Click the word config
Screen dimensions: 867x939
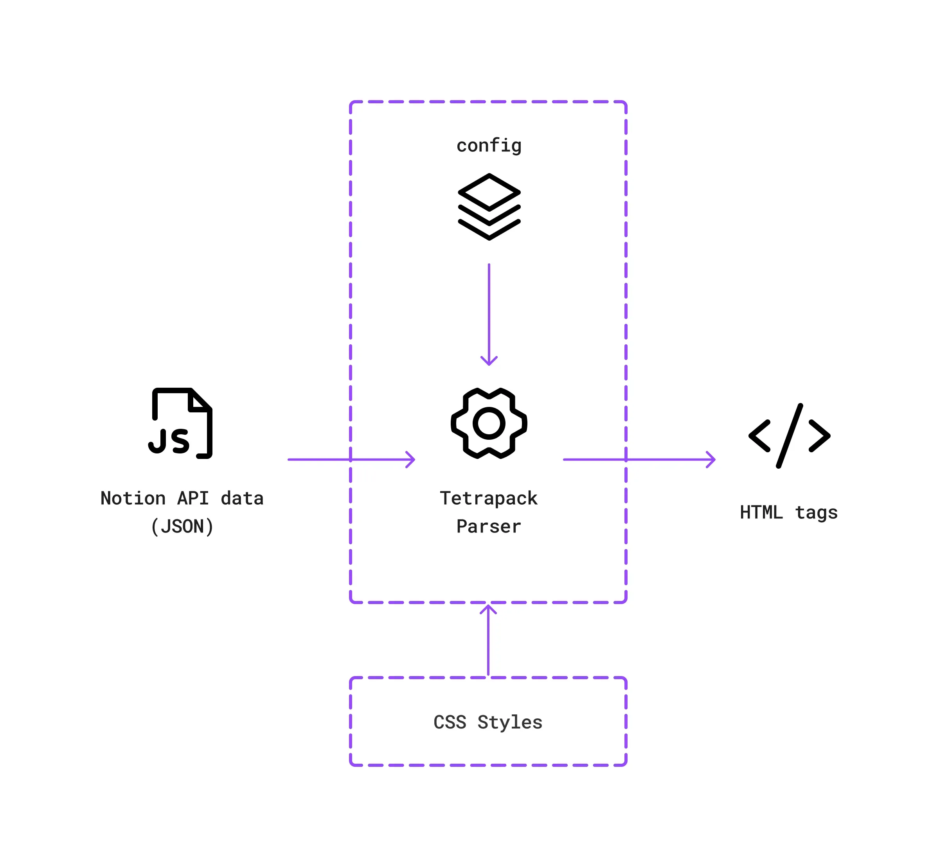tap(489, 146)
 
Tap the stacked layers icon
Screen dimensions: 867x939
tap(489, 207)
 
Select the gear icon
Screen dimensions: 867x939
tap(489, 423)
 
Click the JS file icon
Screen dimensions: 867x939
tap(181, 423)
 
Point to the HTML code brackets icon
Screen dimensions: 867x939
tap(789, 435)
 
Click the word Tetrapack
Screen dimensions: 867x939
tap(489, 498)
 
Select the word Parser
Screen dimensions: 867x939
tap(489, 526)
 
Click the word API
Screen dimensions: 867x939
tap(193, 498)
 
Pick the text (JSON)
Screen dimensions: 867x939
tap(182, 526)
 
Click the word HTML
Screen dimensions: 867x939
tap(761, 512)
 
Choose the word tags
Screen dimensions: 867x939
tap(817, 512)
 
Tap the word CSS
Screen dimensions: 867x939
tap(450, 722)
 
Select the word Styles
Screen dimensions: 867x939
tap(510, 722)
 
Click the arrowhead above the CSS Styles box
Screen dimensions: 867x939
tap(488, 608)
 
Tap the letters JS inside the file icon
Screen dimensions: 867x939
tap(169, 441)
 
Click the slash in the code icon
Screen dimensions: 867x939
tap(789, 435)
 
